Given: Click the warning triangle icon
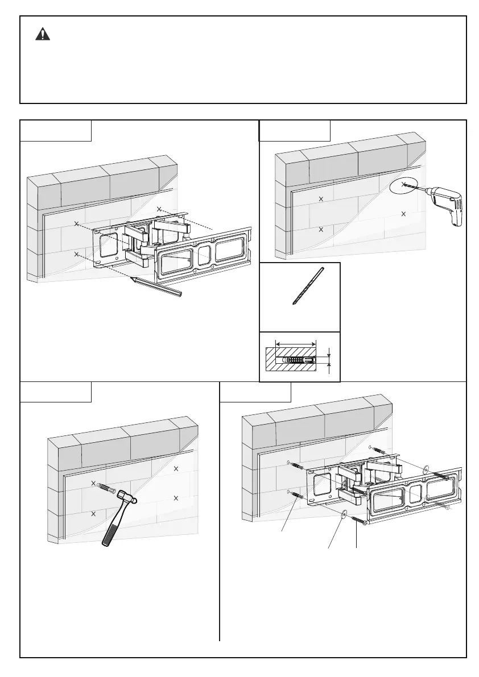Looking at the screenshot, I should click(42, 34).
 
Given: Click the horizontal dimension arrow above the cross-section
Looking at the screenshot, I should click(295, 343).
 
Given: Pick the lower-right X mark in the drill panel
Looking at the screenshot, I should click(403, 214).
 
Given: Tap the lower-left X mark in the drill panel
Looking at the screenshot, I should click(321, 230).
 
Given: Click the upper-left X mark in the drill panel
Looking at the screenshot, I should click(321, 199).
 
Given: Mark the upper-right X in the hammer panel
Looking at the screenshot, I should click(176, 468).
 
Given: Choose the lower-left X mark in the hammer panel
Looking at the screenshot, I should click(93, 513).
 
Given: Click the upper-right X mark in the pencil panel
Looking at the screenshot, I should click(159, 209).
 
